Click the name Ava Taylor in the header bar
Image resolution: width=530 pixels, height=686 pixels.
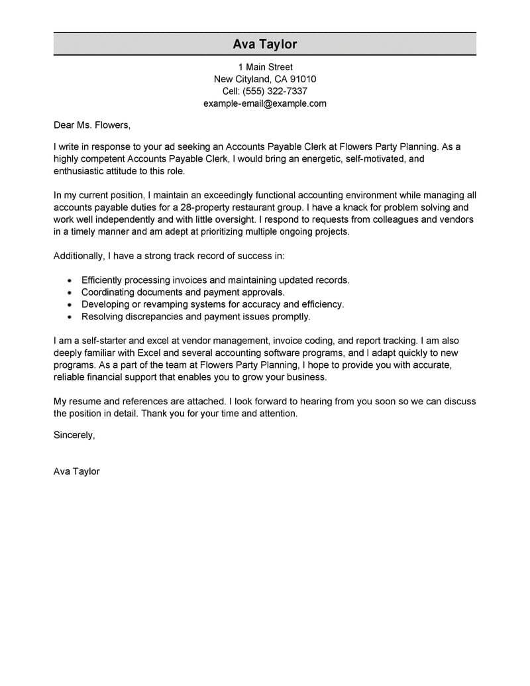(x=265, y=44)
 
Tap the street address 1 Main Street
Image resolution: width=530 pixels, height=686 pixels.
(x=265, y=67)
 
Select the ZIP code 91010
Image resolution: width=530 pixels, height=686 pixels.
(x=303, y=79)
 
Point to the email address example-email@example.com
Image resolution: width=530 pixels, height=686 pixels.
(x=265, y=103)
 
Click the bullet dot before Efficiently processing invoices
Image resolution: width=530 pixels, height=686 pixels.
(x=70, y=281)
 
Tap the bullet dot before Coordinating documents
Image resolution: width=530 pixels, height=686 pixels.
(x=70, y=293)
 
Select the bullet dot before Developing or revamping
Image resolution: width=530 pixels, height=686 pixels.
(x=70, y=305)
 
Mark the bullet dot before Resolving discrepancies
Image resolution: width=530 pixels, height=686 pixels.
(x=70, y=317)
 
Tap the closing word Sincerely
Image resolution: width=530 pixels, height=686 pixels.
(x=74, y=435)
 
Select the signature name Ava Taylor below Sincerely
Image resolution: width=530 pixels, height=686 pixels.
(x=76, y=472)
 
